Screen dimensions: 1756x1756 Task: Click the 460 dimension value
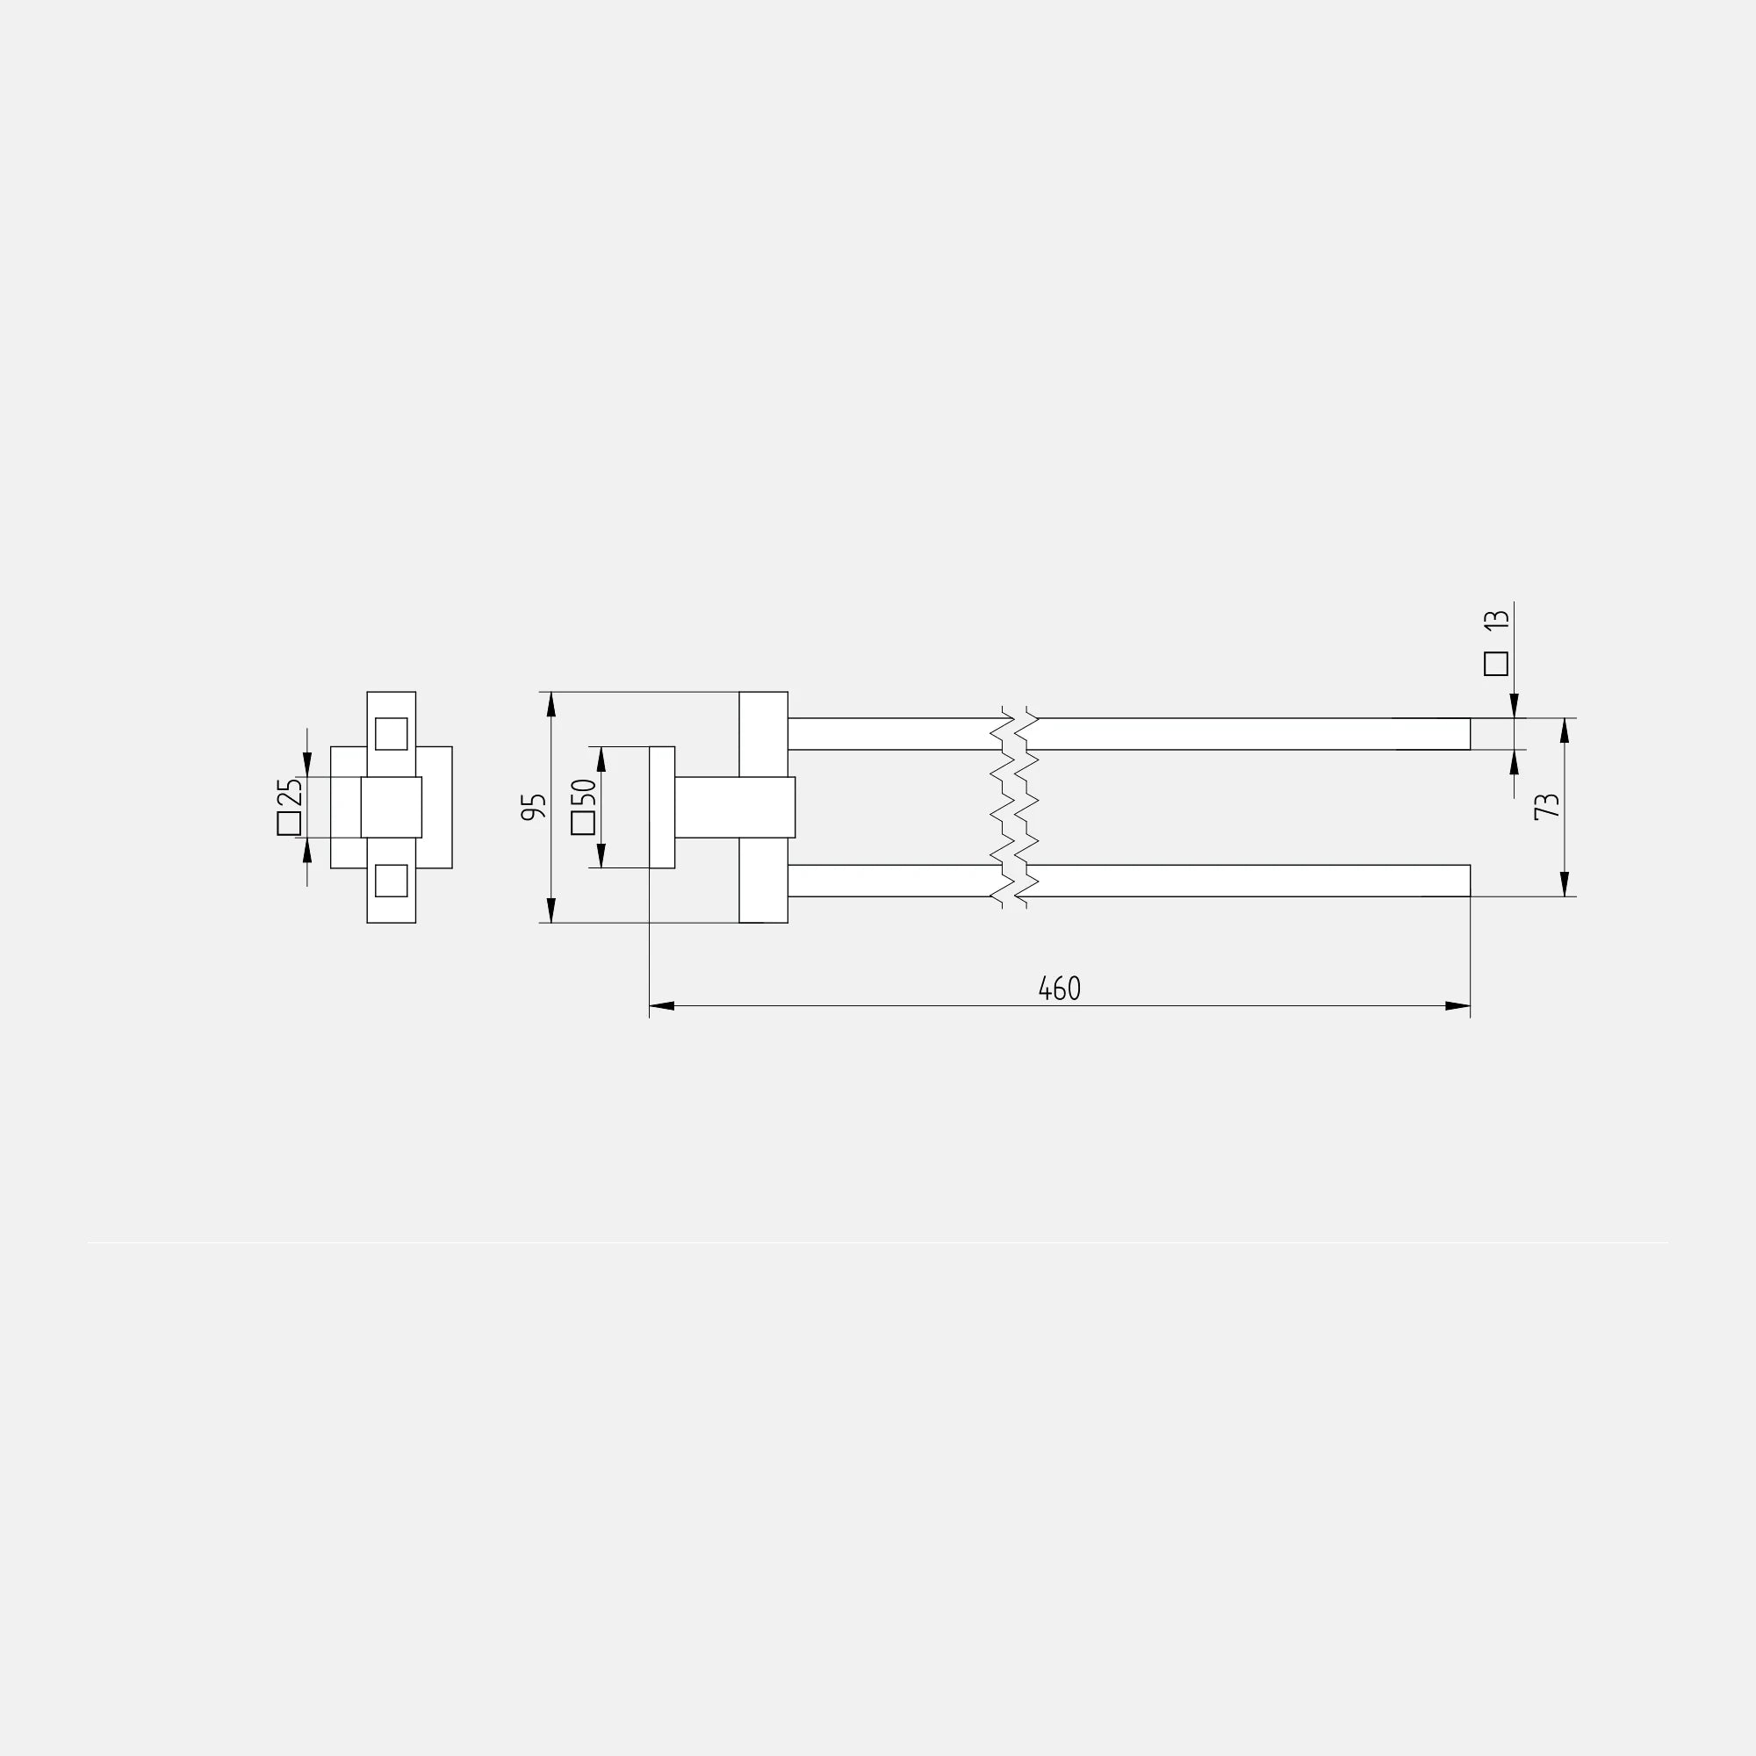click(x=1059, y=988)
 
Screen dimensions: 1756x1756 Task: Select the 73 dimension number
click(x=1546, y=806)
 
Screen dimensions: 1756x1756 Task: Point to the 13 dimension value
click(x=1496, y=620)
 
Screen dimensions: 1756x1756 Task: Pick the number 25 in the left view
click(x=289, y=794)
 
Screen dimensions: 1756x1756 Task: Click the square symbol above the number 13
click(x=1496, y=664)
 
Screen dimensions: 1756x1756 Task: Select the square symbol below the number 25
click(x=289, y=824)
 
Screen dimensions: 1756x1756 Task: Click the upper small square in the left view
click(x=391, y=733)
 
